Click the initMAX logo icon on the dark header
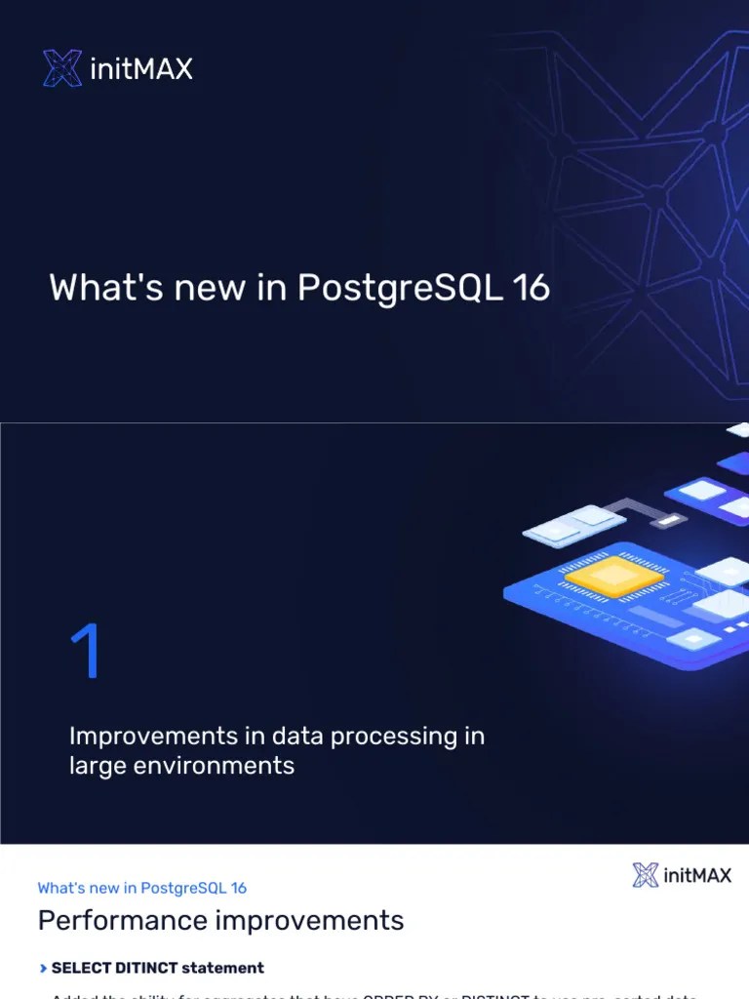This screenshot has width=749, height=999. (x=61, y=68)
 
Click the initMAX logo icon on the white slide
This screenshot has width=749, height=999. (x=646, y=875)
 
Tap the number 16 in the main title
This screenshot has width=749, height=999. (x=531, y=288)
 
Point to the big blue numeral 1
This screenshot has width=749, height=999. (x=86, y=653)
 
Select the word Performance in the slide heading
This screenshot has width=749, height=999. (x=122, y=921)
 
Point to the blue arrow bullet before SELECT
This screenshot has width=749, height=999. (x=43, y=969)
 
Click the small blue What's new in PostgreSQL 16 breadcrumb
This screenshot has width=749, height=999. (x=142, y=888)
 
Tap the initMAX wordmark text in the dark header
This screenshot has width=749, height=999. (x=140, y=69)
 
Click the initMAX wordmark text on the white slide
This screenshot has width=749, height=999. (x=696, y=875)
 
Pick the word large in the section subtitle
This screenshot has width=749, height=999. (x=93, y=766)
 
